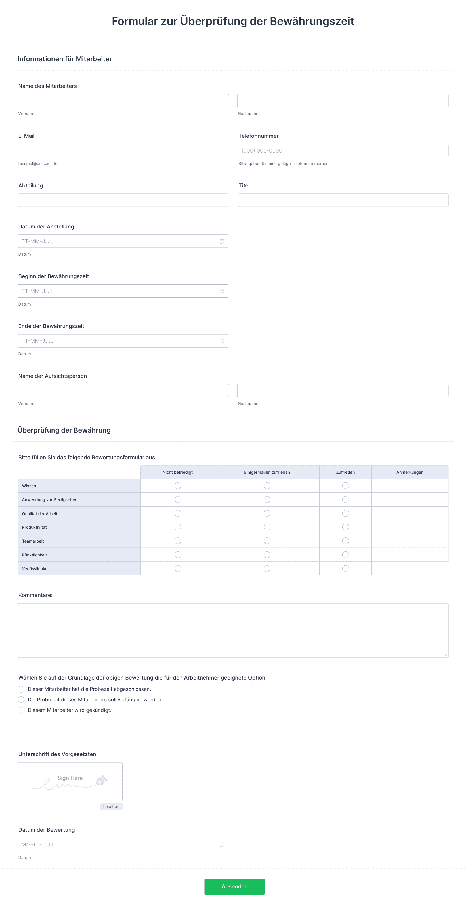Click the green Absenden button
(x=235, y=886)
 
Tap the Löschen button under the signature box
(x=111, y=806)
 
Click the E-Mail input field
(x=123, y=151)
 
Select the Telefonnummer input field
(x=343, y=151)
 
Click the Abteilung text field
(x=123, y=200)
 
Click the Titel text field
(x=343, y=200)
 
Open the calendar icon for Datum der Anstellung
(x=222, y=242)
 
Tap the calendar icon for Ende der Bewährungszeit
(x=222, y=341)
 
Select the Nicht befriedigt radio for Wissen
(x=178, y=486)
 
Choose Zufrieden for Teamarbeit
(x=345, y=541)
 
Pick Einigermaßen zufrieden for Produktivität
(x=267, y=527)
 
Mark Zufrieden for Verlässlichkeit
(x=345, y=568)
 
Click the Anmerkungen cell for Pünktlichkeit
(x=410, y=554)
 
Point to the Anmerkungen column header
(x=410, y=472)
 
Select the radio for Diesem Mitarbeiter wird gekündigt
(x=21, y=710)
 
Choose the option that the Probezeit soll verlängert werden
(x=21, y=699)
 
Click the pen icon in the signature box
(x=101, y=780)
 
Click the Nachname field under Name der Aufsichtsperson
(x=343, y=391)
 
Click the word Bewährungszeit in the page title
(x=312, y=21)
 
